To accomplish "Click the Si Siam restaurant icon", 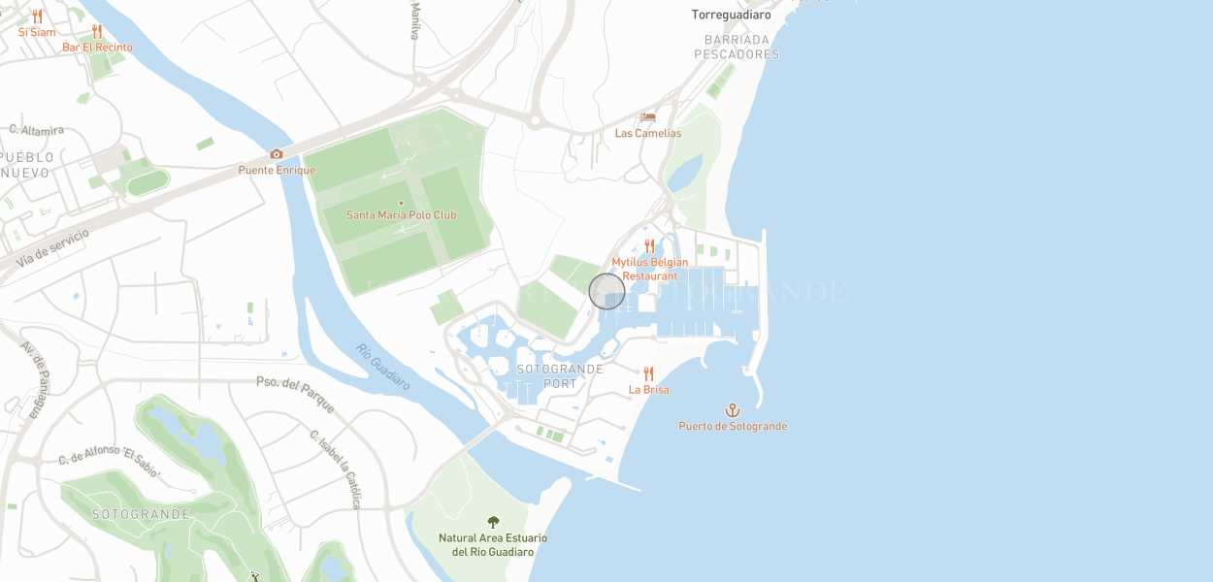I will coord(37,16).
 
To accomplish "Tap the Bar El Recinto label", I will coord(97,47).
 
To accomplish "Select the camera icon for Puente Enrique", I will coord(277,154).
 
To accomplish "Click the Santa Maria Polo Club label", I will coord(401,214).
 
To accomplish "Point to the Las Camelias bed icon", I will coord(648,117).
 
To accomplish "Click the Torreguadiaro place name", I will coord(731,15).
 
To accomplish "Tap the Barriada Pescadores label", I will coord(737,48).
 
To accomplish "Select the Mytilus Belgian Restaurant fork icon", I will coord(649,246).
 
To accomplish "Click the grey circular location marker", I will coord(607,291).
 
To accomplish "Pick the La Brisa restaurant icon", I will coord(648,373).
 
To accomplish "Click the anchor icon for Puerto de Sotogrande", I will coord(733,410).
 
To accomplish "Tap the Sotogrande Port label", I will coord(560,376).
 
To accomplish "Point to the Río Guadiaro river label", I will coord(382,367).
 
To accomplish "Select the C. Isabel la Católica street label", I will coord(336,469).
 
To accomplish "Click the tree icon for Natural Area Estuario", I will coord(493,523).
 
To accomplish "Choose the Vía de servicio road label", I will coord(53,247).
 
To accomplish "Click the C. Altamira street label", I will coord(37,129).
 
